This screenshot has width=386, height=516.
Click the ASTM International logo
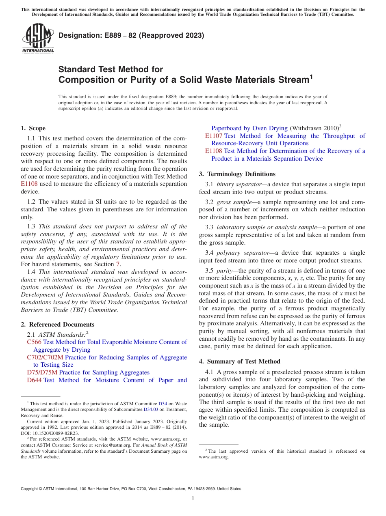tap(37, 38)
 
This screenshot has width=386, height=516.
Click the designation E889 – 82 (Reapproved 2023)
tap(131, 36)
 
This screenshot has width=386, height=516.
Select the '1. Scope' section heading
tap(33, 128)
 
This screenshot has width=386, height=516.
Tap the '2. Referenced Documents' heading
tap(58, 325)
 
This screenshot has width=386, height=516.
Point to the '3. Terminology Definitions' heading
tap(237, 174)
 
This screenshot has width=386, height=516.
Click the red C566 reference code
tap(34, 342)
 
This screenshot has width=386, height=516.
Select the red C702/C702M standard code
tap(45, 357)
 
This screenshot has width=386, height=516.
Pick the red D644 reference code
tap(34, 380)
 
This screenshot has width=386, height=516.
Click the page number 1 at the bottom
tap(193, 498)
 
